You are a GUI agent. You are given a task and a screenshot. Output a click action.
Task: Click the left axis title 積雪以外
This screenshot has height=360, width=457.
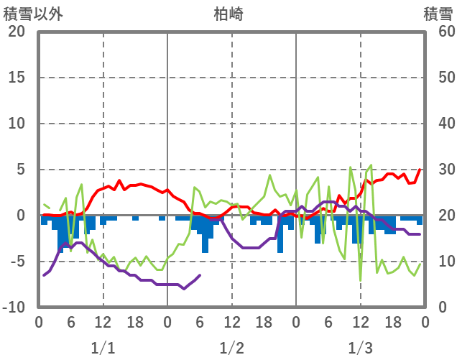pyautogui.click(x=34, y=13)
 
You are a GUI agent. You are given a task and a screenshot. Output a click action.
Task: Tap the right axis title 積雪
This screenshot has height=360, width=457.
pyautogui.click(x=438, y=13)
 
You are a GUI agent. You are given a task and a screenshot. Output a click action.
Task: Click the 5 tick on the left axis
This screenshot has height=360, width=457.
pyautogui.click(x=21, y=170)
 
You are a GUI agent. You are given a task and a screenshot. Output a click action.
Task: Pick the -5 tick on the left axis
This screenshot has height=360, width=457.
pyautogui.click(x=18, y=262)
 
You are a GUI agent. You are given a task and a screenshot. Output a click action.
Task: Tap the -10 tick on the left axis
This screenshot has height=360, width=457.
pyautogui.click(x=14, y=308)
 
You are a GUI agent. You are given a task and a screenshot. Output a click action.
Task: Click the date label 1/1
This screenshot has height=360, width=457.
pyautogui.click(x=103, y=349)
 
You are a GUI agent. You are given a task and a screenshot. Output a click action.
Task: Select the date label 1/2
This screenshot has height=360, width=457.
pyautogui.click(x=231, y=349)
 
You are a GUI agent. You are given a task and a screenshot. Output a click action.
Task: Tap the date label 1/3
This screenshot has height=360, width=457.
pyautogui.click(x=360, y=349)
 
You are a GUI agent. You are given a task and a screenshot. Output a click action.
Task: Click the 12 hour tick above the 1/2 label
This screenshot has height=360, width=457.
pyautogui.click(x=231, y=323)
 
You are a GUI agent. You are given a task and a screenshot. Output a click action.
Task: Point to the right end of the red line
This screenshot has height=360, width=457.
pyautogui.click(x=421, y=170)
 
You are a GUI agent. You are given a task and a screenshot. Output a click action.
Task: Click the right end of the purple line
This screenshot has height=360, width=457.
pyautogui.click(x=420, y=234)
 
